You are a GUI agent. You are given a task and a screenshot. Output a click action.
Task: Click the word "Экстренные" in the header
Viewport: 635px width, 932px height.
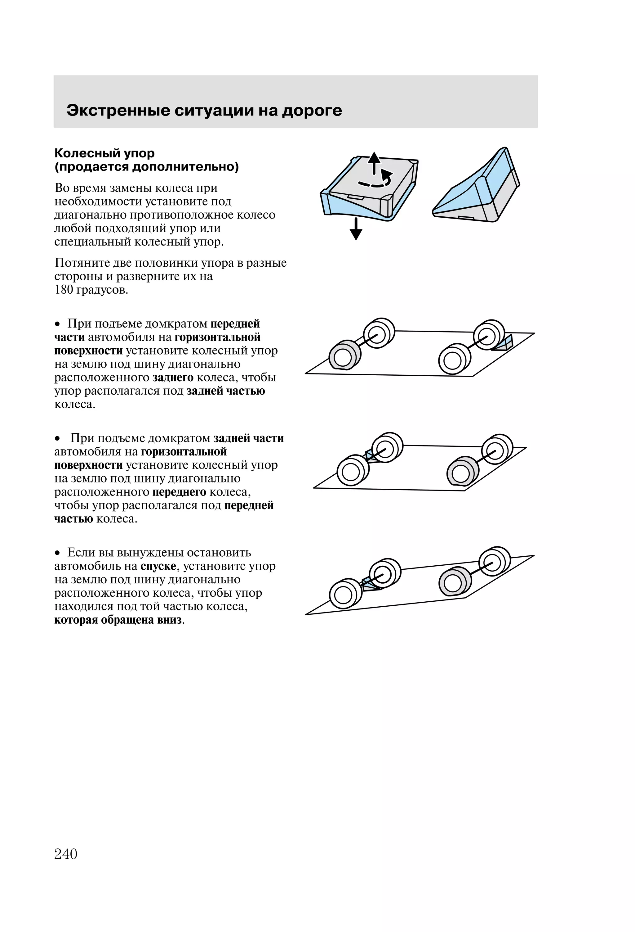coord(118,111)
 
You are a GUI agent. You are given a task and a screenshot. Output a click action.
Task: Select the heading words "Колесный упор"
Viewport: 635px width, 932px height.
coord(104,153)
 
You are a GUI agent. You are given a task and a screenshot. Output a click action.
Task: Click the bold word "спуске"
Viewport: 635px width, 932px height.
coord(158,566)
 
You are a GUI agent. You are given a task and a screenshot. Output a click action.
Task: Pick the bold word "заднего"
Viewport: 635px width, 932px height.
coord(173,378)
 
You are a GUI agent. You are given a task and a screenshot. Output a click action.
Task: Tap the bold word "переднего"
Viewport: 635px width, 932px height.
coord(179,492)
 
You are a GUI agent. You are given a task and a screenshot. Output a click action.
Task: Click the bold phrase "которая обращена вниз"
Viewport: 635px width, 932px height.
coord(118,620)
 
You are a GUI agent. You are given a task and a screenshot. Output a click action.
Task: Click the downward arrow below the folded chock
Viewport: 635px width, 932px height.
coord(356,229)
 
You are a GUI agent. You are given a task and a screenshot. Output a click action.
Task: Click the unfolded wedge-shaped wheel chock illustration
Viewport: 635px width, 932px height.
coord(477,188)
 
